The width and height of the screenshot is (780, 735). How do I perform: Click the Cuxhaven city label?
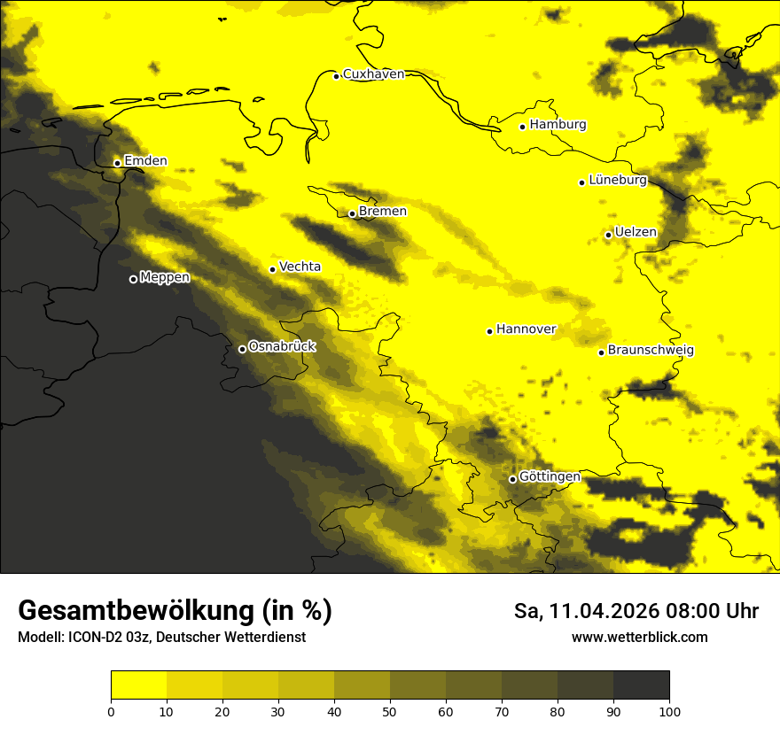click(x=373, y=74)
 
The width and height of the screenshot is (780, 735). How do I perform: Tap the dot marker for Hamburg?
click(x=523, y=127)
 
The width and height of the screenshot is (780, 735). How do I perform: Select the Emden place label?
click(x=145, y=161)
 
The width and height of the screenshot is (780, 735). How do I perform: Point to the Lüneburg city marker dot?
click(x=582, y=182)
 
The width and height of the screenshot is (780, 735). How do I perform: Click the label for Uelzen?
click(x=636, y=232)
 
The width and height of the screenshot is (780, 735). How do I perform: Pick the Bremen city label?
click(x=383, y=212)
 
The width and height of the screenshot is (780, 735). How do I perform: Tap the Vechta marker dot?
click(x=273, y=269)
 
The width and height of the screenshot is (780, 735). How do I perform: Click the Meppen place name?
click(x=165, y=277)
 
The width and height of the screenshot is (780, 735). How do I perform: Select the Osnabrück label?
click(x=282, y=347)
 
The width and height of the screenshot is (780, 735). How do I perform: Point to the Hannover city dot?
click(x=489, y=331)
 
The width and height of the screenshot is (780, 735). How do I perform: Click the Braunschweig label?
click(x=651, y=351)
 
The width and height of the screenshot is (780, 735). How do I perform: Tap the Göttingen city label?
click(x=550, y=477)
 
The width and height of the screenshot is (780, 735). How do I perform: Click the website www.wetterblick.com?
click(x=639, y=638)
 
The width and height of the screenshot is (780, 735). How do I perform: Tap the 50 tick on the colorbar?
click(x=390, y=710)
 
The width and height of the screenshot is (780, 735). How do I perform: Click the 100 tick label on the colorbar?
click(x=668, y=710)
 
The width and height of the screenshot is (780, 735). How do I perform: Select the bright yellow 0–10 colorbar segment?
click(x=139, y=685)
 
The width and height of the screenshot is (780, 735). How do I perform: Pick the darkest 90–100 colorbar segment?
click(x=641, y=685)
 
